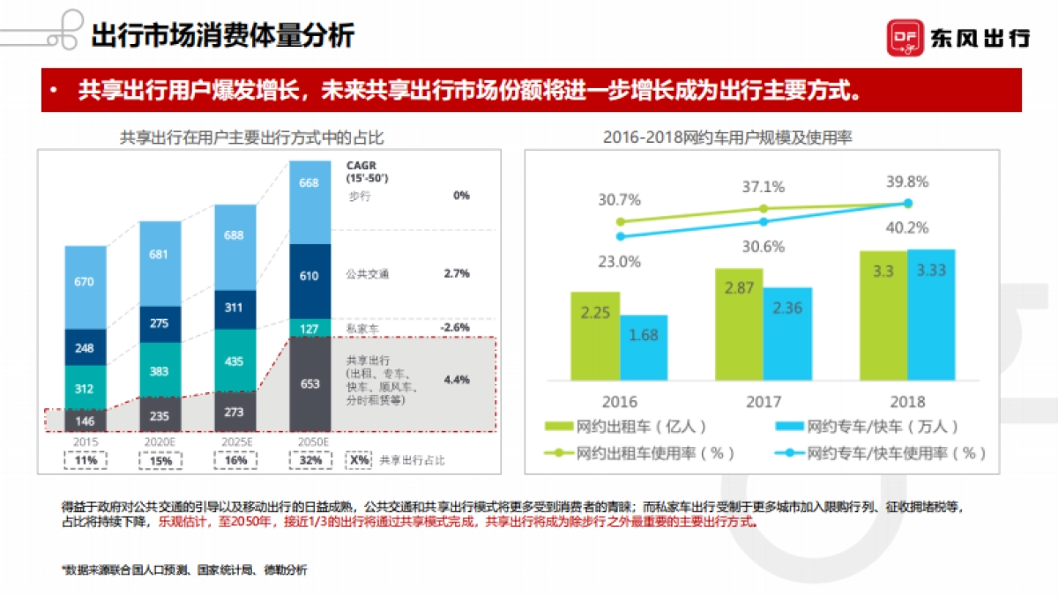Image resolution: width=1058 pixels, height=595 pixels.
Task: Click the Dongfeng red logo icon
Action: [905, 37]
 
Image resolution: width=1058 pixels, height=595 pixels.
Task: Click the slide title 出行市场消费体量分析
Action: [222, 36]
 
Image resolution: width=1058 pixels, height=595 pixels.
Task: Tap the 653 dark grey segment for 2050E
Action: [309, 384]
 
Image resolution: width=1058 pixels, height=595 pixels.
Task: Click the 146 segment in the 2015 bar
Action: [86, 420]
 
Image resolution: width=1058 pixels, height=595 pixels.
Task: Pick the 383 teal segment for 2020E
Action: [160, 371]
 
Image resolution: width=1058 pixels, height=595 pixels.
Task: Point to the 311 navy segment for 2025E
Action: [235, 308]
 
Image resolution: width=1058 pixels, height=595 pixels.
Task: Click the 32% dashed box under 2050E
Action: [309, 460]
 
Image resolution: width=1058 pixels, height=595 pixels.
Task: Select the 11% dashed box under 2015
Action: [86, 460]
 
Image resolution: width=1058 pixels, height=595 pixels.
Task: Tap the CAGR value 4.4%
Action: [456, 380]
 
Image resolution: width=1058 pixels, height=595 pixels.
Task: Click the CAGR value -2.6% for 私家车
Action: [456, 327]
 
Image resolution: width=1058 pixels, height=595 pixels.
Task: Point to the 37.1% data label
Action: [764, 187]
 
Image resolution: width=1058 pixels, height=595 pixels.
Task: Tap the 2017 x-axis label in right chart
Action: [764, 402]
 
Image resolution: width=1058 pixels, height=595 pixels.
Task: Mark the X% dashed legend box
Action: [358, 460]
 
